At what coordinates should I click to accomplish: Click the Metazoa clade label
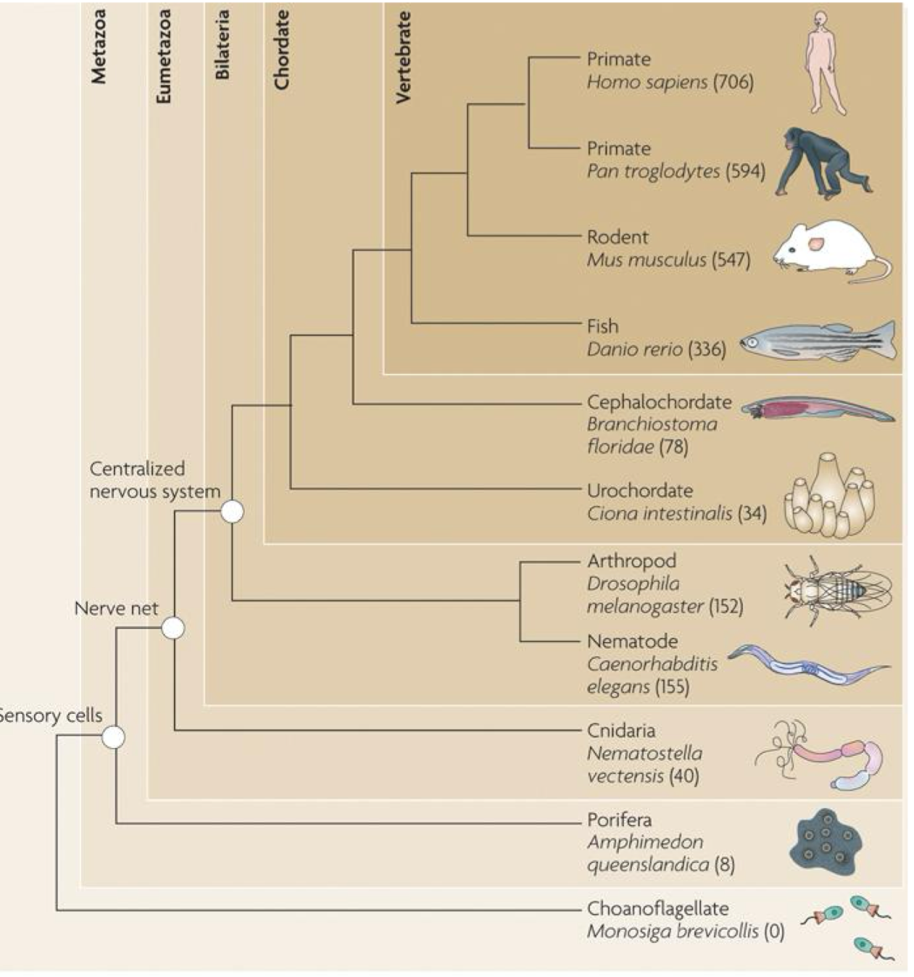pyautogui.click(x=99, y=47)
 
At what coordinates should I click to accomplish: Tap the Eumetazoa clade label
pyautogui.click(x=164, y=57)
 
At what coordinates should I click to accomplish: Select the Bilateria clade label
pyautogui.click(x=223, y=45)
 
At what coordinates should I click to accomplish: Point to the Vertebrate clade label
pyautogui.click(x=403, y=57)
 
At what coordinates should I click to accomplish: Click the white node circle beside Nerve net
pyautogui.click(x=173, y=628)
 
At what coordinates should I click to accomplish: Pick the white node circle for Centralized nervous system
pyautogui.click(x=232, y=512)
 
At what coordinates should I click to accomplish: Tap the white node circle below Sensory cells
pyautogui.click(x=113, y=737)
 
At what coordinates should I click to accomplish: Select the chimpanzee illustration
pyautogui.click(x=819, y=164)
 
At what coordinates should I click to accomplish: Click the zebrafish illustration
pyautogui.click(x=818, y=341)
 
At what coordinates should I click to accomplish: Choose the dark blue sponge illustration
pyautogui.click(x=825, y=841)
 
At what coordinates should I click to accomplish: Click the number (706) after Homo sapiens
pyautogui.click(x=733, y=82)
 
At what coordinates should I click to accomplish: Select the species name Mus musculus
pyautogui.click(x=646, y=260)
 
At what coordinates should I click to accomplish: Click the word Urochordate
pyautogui.click(x=639, y=491)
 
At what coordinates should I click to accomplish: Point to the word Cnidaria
pyautogui.click(x=620, y=731)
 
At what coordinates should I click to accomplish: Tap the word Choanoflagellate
pyautogui.click(x=657, y=908)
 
